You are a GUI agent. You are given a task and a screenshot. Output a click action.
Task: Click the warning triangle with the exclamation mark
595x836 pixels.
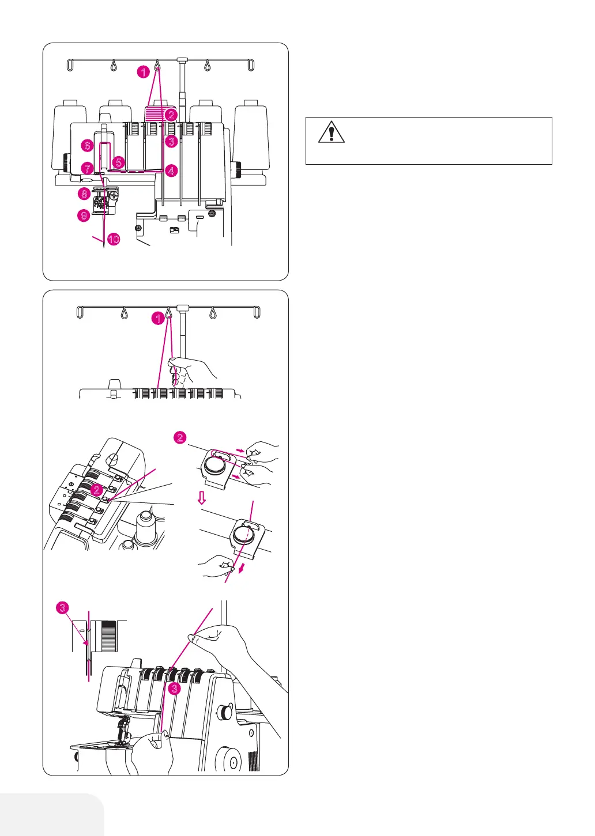pos(331,132)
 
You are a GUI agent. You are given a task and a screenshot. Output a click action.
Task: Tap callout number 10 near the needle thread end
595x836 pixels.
pos(114,239)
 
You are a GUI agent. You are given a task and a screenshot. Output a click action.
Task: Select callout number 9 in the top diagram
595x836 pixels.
pos(84,215)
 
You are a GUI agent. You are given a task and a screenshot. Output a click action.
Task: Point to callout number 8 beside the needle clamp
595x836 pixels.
pos(84,194)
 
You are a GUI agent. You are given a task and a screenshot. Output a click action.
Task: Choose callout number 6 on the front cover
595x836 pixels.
pos(87,145)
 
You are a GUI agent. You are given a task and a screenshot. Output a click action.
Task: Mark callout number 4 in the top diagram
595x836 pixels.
pos(171,171)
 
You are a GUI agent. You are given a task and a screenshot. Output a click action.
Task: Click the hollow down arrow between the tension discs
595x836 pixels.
pos(202,498)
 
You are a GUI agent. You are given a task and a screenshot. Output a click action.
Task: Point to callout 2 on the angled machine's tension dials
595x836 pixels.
pos(97,490)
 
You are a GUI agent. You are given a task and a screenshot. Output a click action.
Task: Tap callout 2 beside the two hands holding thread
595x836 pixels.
pos(180,438)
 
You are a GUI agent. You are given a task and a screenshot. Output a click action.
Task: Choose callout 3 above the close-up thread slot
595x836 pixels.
pos(63,607)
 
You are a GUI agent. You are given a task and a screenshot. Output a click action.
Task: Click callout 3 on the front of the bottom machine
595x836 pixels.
pos(175,689)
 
